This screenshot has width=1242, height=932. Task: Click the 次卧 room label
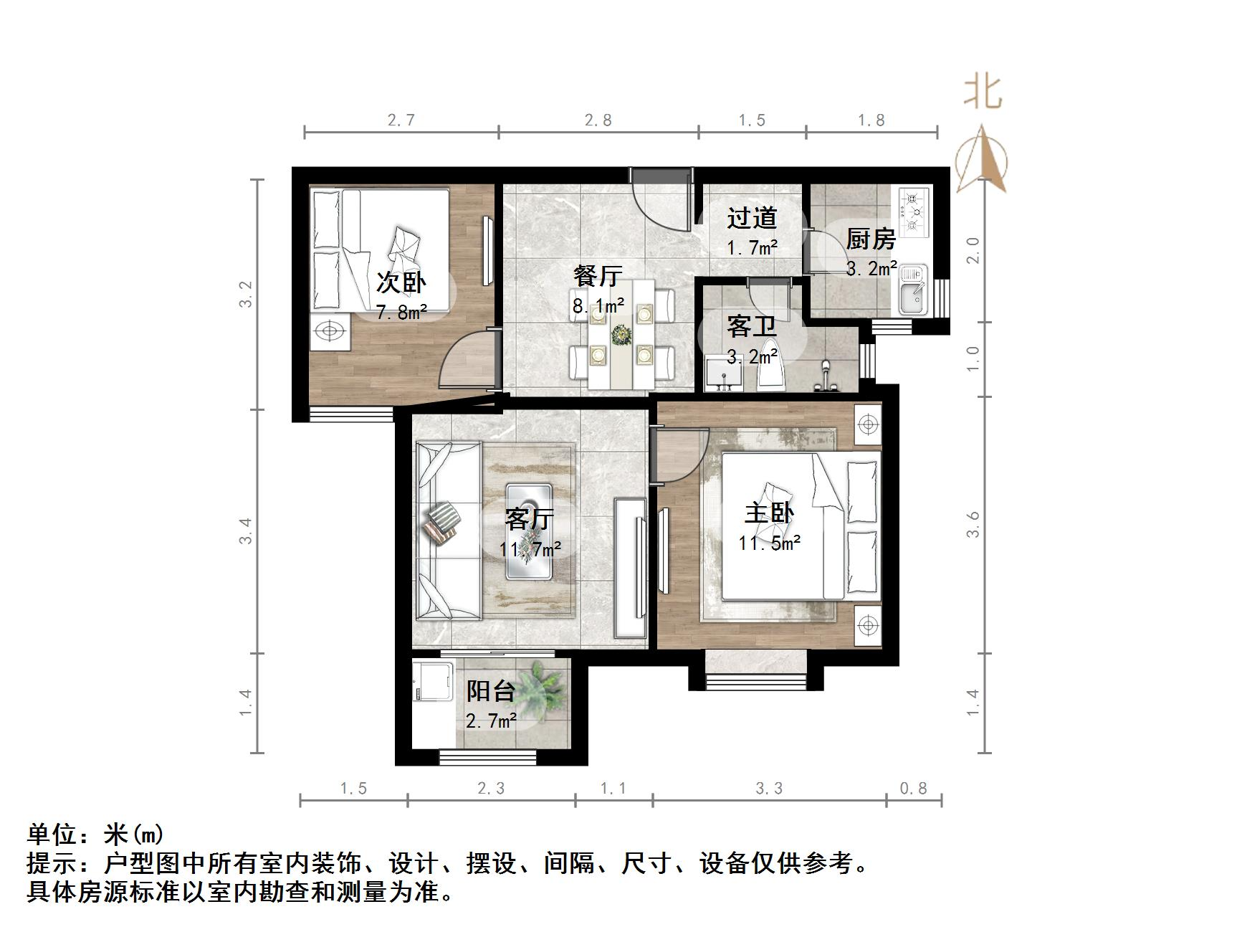401,282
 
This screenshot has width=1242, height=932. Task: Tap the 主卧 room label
769,513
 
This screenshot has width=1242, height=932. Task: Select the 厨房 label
871,239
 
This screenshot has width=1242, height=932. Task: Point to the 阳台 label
491,691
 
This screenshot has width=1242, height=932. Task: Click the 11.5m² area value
769,543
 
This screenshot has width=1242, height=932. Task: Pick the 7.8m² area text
401,312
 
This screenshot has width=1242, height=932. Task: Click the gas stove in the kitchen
912,211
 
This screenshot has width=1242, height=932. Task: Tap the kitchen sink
912,290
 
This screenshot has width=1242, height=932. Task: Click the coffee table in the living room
529,531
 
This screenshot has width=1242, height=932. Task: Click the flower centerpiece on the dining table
618,333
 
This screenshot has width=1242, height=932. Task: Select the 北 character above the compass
982,92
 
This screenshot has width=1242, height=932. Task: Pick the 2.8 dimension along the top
598,120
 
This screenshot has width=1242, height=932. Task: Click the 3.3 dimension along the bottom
769,789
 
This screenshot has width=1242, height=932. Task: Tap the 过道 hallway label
752,218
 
